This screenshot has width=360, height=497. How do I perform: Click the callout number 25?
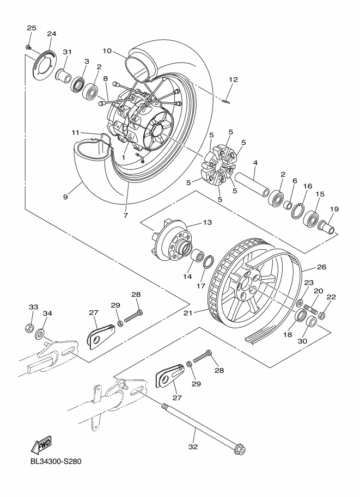pyautogui.click(x=31, y=27)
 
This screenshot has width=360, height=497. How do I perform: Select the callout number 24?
pyautogui.click(x=52, y=34)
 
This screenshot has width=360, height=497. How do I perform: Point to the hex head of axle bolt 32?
pyautogui.click(x=239, y=450)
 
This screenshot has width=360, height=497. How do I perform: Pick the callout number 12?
pyautogui.click(x=233, y=79)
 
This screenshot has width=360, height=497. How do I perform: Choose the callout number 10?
pyautogui.click(x=107, y=51)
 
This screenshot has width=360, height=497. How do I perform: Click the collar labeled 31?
pyautogui.click(x=65, y=73)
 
